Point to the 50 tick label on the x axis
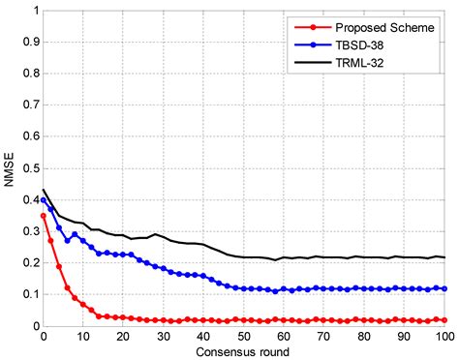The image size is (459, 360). click(244, 336)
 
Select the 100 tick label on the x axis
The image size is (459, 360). click(444, 336)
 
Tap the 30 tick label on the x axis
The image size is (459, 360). click(164, 336)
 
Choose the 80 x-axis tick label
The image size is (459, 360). click(364, 336)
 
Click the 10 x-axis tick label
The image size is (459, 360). click(83, 336)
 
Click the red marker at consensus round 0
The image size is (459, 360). click(44, 216)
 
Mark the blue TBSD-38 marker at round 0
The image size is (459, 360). click(44, 200)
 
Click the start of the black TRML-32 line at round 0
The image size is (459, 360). click(44, 191)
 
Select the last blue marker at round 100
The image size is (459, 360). click(444, 288)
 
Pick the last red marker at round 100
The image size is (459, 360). click(444, 319)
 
